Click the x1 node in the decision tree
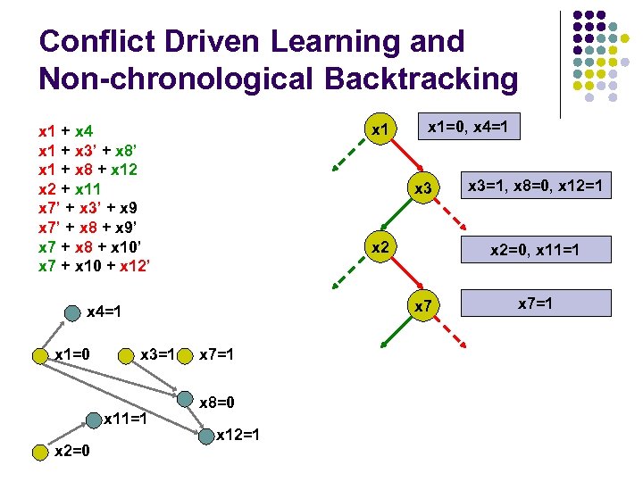pyautogui.click(x=380, y=131)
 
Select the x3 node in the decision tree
pyautogui.click(x=422, y=188)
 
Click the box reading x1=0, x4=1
pyautogui.click(x=469, y=129)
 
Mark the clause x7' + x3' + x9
pyautogui.click(x=88, y=208)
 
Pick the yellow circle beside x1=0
pyautogui.click(x=39, y=356)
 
